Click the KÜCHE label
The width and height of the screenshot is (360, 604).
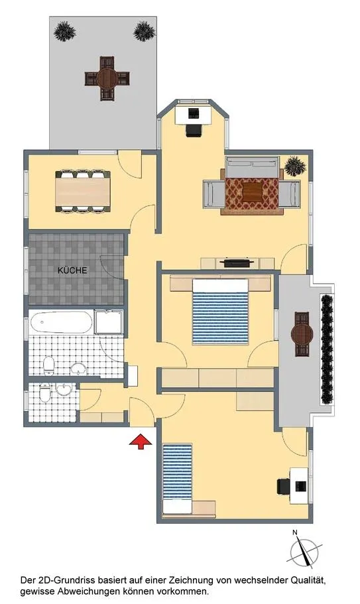pyautogui.click(x=72, y=271)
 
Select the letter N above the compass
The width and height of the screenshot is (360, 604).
pyautogui.click(x=295, y=533)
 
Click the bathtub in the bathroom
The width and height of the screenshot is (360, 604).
pyautogui.click(x=61, y=322)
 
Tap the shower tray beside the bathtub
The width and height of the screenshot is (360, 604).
pyautogui.click(x=109, y=322)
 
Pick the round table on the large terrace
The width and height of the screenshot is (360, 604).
pyautogui.click(x=107, y=78)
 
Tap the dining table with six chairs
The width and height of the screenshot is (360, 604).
pyautogui.click(x=83, y=192)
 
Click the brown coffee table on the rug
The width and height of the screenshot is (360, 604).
pyautogui.click(x=253, y=192)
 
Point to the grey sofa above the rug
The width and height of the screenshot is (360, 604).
pyautogui.click(x=252, y=167)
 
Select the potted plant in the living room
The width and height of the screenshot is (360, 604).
pyautogui.click(x=296, y=166)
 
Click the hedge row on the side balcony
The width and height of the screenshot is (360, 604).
pyautogui.click(x=326, y=349)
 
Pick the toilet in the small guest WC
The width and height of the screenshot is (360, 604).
pyautogui.click(x=44, y=393)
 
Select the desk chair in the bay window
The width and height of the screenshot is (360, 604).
pyautogui.click(x=194, y=130)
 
